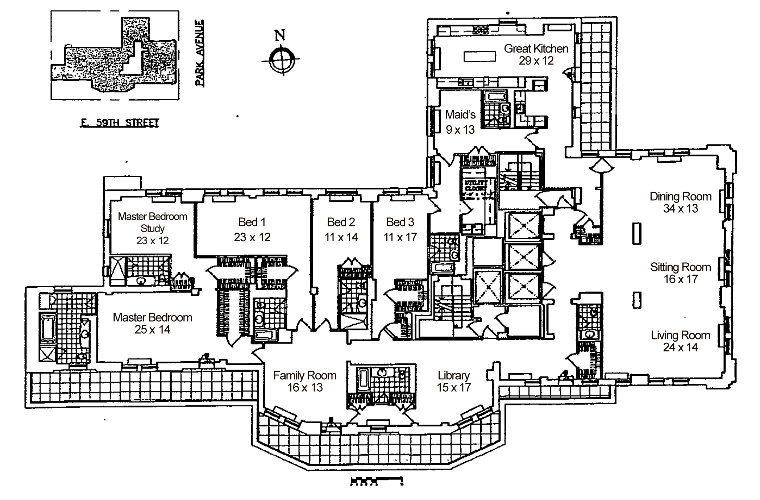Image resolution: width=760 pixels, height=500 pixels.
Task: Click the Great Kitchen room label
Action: [x=536, y=49]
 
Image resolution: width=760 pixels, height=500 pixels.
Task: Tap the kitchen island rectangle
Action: [x=480, y=56]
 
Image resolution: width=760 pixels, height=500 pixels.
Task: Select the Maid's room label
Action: [x=460, y=115]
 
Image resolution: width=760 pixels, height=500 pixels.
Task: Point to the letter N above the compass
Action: [x=280, y=35]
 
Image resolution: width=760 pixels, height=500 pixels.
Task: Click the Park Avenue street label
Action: [x=200, y=53]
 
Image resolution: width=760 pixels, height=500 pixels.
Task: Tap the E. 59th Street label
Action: [x=119, y=123]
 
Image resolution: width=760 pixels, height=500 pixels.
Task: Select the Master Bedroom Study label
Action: [x=153, y=222]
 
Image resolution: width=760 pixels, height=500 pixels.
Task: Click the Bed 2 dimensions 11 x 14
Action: [x=341, y=237]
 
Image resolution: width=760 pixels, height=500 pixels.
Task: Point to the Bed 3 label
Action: [x=400, y=222]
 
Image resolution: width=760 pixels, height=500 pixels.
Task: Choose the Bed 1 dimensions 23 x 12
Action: [x=252, y=237]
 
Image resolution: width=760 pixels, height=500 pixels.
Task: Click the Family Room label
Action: [x=305, y=375]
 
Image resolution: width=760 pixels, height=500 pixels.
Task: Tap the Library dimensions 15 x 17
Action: [x=454, y=387]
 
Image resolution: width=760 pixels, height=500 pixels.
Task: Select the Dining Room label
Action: [x=680, y=196]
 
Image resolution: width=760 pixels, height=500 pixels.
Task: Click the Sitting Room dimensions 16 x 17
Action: [x=680, y=279]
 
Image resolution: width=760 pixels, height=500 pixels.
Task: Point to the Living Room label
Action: [x=680, y=335]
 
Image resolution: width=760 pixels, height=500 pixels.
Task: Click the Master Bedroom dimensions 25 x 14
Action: [x=153, y=329]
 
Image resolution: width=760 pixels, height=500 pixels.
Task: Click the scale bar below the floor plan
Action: [x=377, y=481]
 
